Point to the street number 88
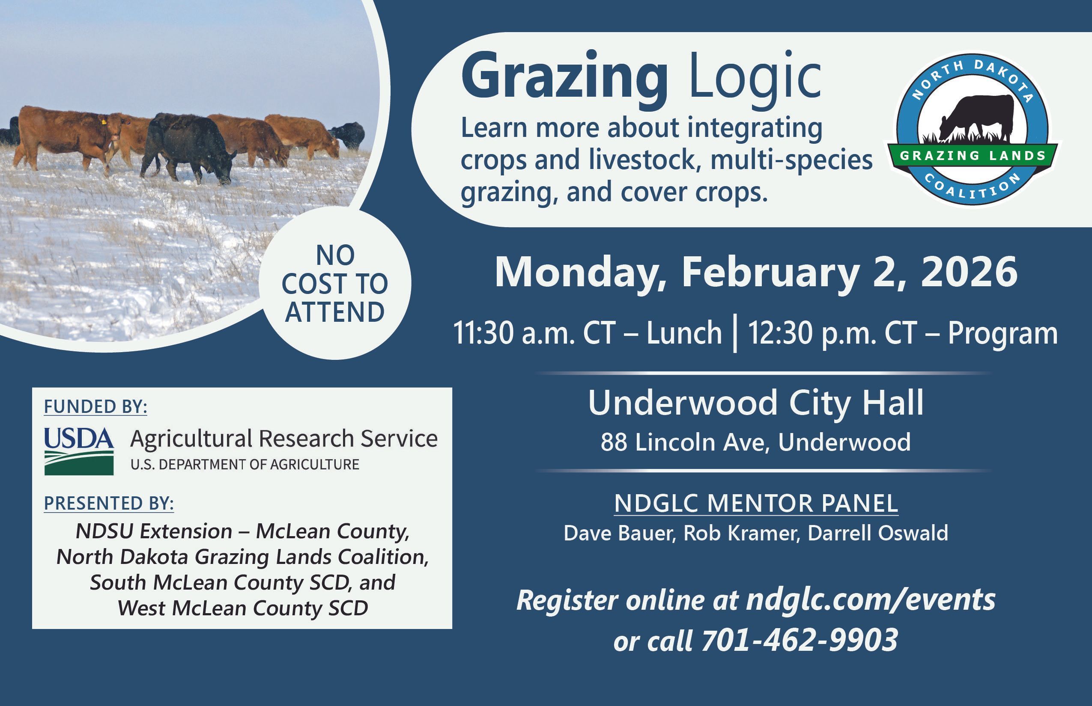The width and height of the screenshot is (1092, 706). pos(614,442)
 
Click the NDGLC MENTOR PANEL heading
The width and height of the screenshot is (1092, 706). pos(756,503)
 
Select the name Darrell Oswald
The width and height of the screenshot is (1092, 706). pos(878,533)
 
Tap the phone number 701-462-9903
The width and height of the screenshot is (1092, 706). pos(800,640)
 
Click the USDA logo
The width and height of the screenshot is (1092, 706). pos(79,451)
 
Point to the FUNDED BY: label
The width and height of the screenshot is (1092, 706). pos(95,407)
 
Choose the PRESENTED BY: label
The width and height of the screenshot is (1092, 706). pos(109,503)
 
